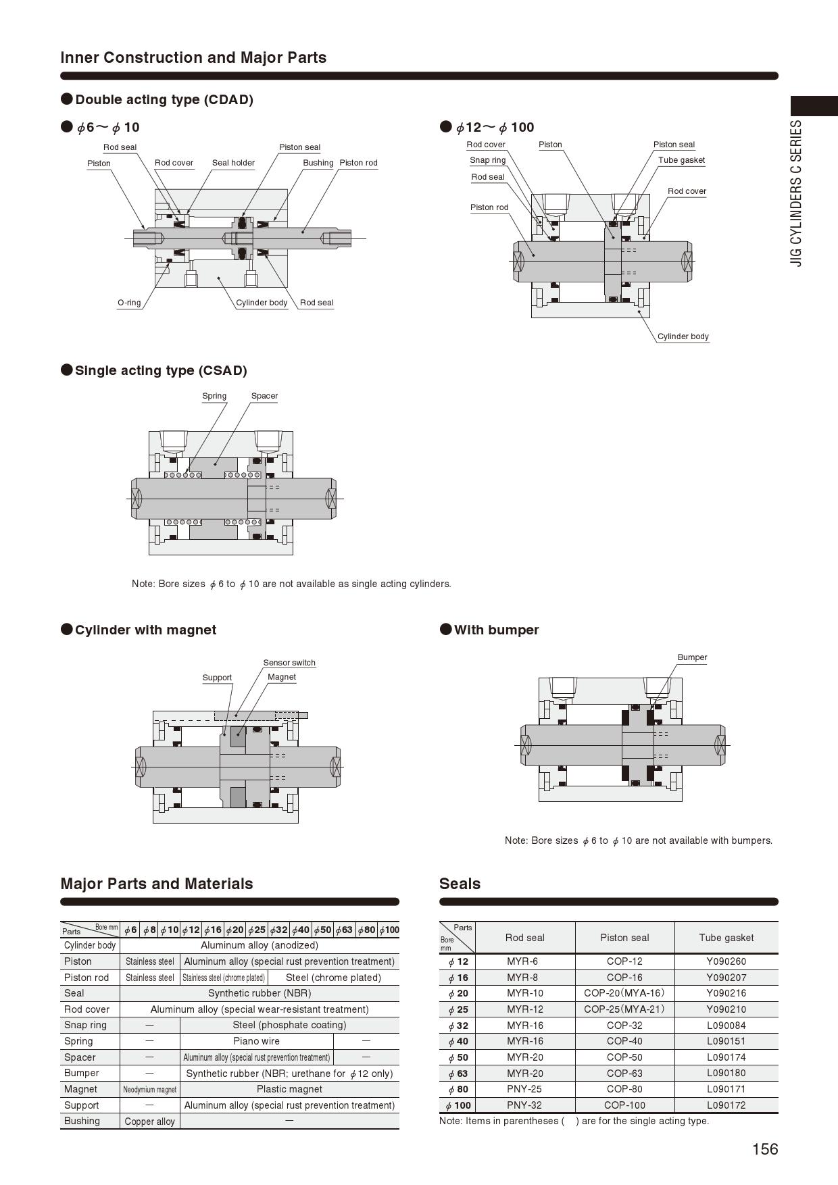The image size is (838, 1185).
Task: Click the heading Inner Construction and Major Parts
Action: click(193, 57)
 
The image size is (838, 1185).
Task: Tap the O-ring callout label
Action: click(129, 303)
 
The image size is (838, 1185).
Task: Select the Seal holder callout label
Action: click(233, 163)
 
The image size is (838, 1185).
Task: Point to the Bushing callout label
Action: click(318, 163)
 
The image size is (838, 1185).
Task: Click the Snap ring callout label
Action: click(487, 160)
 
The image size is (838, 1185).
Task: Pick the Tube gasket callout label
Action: click(681, 160)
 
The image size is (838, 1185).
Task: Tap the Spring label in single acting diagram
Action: click(214, 396)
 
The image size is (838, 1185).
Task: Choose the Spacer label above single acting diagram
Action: click(264, 396)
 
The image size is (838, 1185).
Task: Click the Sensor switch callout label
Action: click(289, 663)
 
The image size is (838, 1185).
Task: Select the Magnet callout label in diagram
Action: click(281, 677)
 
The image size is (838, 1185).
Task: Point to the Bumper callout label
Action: click(692, 657)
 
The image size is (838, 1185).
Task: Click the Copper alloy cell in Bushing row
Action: click(149, 1121)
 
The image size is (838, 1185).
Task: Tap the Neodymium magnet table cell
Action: click(149, 1089)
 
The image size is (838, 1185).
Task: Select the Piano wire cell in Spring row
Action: click(256, 1041)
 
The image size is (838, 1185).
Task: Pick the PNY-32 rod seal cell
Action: click(524, 1105)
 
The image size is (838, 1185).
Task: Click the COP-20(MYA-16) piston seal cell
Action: click(624, 993)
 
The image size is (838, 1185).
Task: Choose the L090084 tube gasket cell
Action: click(726, 1025)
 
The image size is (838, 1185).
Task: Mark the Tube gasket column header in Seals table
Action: click(726, 938)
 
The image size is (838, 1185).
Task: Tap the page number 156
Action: click(765, 1149)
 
